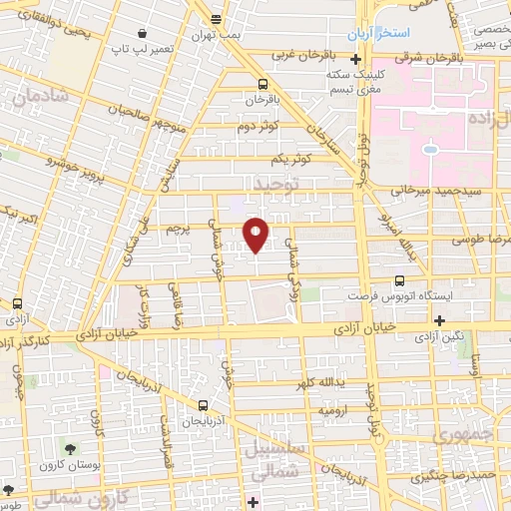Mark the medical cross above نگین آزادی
[x=439, y=319]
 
